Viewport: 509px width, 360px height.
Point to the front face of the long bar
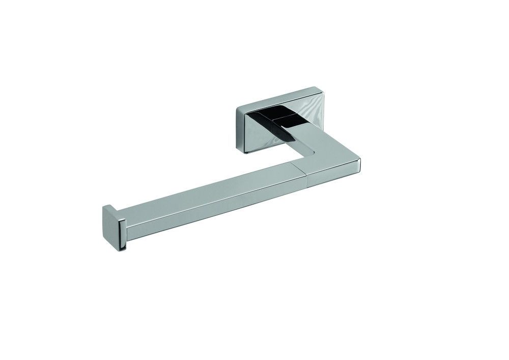[x=214, y=209]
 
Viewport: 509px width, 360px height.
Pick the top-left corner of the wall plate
[x=236, y=106]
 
